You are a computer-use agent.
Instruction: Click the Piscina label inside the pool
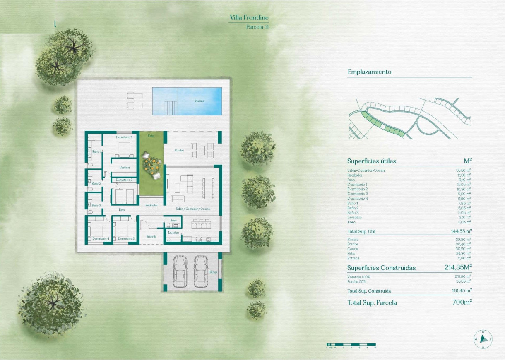coord(200,101)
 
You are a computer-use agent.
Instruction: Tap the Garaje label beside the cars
coord(213,272)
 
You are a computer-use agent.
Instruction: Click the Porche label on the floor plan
coord(179,150)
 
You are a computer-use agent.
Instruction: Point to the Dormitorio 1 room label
coord(124,137)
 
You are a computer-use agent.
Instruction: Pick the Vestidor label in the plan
coord(125,167)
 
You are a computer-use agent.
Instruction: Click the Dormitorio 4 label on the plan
coord(101,239)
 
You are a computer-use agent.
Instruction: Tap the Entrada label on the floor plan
coord(151,237)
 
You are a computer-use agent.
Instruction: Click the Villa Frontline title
coord(249,18)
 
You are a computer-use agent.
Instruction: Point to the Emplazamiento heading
coord(369,72)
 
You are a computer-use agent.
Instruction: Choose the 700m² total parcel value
coord(462,302)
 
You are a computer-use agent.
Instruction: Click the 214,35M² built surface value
coord(457,268)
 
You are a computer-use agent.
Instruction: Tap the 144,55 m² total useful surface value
coord(461,231)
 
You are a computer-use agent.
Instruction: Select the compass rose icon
coord(483,339)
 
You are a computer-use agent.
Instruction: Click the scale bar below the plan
coord(351,344)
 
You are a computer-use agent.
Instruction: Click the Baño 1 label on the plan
coord(96,152)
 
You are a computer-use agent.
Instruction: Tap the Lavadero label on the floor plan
coord(173,233)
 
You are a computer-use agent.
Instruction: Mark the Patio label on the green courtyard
coord(151,135)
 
